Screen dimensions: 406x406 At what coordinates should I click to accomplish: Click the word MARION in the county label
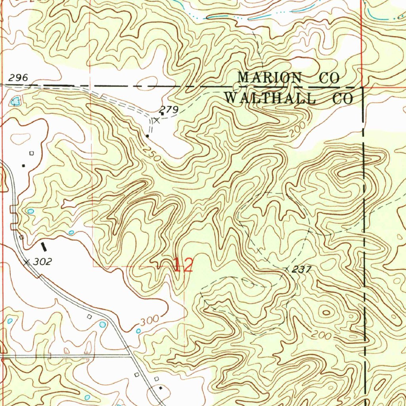[269, 77]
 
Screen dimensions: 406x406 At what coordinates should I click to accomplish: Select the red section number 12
[183, 265]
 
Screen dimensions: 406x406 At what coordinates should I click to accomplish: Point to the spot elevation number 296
[18, 78]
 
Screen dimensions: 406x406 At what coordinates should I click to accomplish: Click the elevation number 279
[169, 109]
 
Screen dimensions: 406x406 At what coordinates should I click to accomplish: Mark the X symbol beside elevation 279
[157, 120]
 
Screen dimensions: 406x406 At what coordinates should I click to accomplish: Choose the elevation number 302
[42, 262]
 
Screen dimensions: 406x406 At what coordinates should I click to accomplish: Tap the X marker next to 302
[27, 262]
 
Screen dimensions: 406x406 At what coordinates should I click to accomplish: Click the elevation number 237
[301, 270]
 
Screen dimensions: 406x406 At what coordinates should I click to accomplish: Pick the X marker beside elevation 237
[287, 269]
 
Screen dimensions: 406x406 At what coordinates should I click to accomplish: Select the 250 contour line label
[152, 154]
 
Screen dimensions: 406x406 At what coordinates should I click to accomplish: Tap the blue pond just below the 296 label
[15, 101]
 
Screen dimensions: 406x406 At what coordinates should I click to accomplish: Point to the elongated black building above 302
[44, 247]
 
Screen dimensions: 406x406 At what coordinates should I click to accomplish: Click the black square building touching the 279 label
[162, 114]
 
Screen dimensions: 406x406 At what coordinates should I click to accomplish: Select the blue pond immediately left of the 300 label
[138, 330]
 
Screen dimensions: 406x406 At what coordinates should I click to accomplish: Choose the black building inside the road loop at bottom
[160, 388]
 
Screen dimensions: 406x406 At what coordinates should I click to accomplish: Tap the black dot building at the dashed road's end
[147, 136]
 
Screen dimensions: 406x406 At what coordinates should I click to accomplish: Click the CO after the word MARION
[330, 78]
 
